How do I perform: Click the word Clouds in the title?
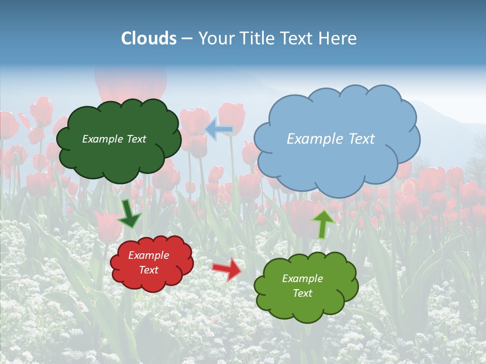(x=149, y=38)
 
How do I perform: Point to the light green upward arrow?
(x=323, y=223)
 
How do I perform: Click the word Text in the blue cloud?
(x=362, y=139)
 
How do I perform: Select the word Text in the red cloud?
(x=149, y=270)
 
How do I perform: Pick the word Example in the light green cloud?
(x=302, y=279)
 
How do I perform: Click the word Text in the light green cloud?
(x=302, y=293)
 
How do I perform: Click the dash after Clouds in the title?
(x=187, y=39)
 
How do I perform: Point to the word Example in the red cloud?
(x=149, y=255)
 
